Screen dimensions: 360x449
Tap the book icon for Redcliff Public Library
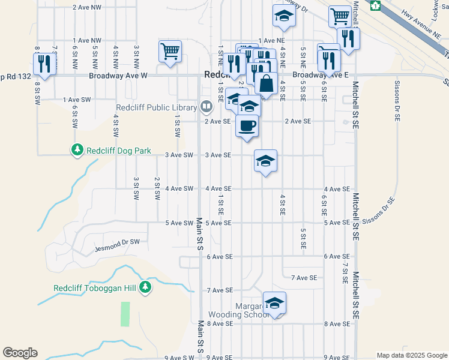pos(206,107)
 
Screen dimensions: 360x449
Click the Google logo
pos(20,353)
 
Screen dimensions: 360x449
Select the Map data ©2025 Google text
pos(411,355)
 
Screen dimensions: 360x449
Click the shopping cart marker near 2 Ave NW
pos(170,51)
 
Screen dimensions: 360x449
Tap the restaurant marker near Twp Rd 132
pos(44,63)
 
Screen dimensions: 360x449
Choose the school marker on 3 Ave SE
pos(265,160)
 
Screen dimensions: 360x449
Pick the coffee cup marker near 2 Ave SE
pos(247,125)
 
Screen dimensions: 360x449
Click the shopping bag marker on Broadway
pos(266,83)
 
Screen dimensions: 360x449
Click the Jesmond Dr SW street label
pos(117,248)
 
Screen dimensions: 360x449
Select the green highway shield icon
pos(376,5)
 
